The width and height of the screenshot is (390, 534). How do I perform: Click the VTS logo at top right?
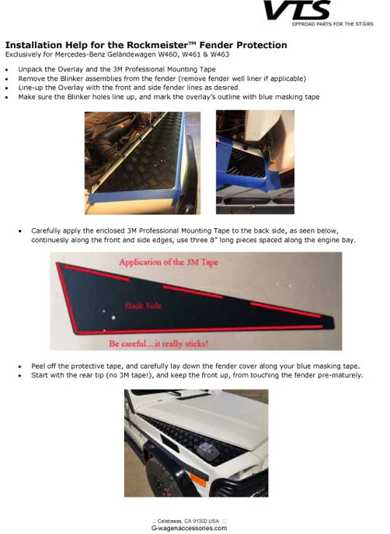tap(297, 11)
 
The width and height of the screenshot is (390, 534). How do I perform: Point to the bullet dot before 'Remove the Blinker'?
tap(7, 79)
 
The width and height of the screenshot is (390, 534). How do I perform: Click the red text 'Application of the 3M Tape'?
tap(169, 262)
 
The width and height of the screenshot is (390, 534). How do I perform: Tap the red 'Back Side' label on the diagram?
tap(143, 306)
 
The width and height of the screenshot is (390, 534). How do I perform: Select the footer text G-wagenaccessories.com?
tap(189, 528)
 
